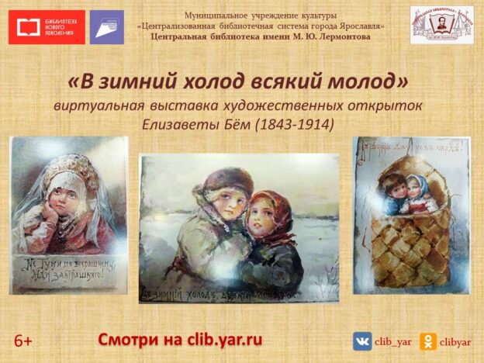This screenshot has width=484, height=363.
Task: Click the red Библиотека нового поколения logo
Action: click(47, 27)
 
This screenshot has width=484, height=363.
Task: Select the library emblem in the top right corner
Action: click(441, 25)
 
